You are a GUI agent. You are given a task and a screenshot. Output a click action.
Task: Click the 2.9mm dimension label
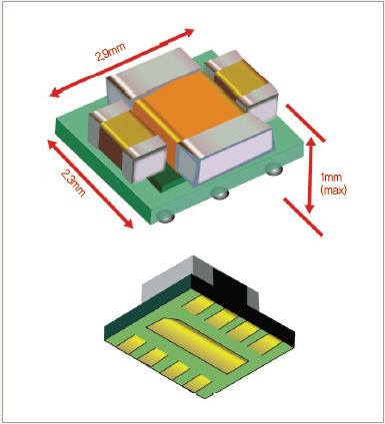tap(111, 51)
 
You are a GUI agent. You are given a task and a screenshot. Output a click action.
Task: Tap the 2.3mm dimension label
tap(73, 183)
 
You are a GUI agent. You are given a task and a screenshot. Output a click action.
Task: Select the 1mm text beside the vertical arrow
tap(331, 177)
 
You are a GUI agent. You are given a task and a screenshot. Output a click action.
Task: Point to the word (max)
tap(333, 190)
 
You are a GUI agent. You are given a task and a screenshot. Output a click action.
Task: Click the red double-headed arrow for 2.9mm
tap(122, 63)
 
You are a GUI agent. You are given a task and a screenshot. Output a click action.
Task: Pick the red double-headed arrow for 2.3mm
tap(90, 185)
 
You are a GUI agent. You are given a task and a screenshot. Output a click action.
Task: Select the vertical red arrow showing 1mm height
tap(310, 175)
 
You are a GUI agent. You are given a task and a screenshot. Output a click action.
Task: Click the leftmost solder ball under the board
tap(166, 216)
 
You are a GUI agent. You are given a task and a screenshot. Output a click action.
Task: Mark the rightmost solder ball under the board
tap(274, 170)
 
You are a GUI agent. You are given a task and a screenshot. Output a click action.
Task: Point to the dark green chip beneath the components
tap(165, 180)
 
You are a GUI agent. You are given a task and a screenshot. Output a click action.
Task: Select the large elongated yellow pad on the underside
tap(198, 344)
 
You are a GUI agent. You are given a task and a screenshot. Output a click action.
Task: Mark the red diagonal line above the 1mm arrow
tap(305, 123)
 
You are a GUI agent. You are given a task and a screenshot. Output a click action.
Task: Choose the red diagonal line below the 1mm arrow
tap(303, 216)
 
